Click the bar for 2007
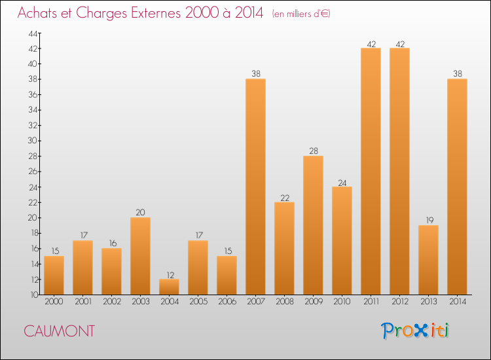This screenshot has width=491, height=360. (x=255, y=187)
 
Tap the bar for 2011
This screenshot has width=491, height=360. (x=371, y=171)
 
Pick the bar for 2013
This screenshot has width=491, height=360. (x=428, y=260)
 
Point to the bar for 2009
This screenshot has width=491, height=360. (x=313, y=225)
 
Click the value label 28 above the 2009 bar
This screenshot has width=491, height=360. (x=313, y=151)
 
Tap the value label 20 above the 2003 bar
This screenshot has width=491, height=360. (x=140, y=213)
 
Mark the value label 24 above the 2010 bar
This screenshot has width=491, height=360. (x=342, y=182)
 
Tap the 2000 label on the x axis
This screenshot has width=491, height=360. (x=54, y=302)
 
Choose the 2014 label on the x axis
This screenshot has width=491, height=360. (x=457, y=302)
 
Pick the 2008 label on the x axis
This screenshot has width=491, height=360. (x=284, y=302)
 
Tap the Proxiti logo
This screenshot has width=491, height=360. (x=416, y=331)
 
